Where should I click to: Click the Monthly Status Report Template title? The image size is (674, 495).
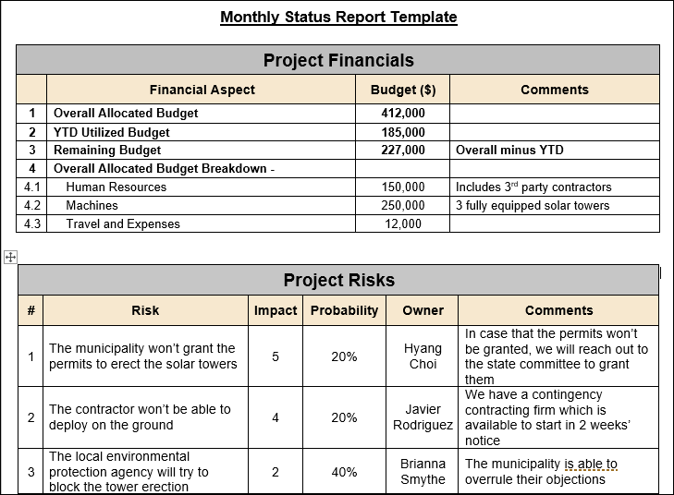click(x=338, y=17)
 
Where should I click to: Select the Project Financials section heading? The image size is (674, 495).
click(x=338, y=61)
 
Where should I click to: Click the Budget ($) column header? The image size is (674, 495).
click(x=403, y=90)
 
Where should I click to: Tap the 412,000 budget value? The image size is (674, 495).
click(x=403, y=114)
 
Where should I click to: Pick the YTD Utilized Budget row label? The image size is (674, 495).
click(x=112, y=132)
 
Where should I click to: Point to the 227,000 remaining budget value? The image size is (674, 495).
click(x=403, y=150)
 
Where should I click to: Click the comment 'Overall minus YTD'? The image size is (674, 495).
click(x=509, y=150)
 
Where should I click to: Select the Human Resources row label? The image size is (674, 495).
click(x=116, y=187)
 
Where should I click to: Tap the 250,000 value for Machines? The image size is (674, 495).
click(x=403, y=205)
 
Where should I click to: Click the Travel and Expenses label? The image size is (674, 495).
click(x=123, y=223)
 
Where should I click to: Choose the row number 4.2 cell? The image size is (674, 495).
click(x=31, y=205)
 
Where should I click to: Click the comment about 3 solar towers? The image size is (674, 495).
click(x=533, y=205)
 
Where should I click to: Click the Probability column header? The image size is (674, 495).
click(x=344, y=310)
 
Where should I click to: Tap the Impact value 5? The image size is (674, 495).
click(x=276, y=356)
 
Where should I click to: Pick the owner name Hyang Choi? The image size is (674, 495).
click(x=423, y=356)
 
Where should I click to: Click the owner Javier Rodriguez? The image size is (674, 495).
click(x=423, y=417)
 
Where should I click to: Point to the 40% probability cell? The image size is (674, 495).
click(x=344, y=472)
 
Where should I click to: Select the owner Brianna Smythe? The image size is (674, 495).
click(x=423, y=472)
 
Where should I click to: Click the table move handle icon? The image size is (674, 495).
click(x=11, y=258)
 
